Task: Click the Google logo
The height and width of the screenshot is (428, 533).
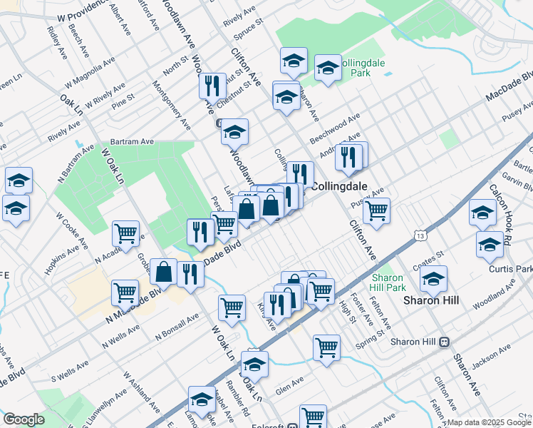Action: (24, 419)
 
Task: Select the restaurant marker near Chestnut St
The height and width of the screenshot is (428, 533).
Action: (212, 87)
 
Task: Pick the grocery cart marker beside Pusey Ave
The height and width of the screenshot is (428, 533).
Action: (376, 210)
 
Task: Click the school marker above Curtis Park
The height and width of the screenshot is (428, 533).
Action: (489, 244)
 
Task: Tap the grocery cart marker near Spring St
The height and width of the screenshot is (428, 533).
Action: (326, 348)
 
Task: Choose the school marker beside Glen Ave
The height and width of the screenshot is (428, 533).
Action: (254, 364)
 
